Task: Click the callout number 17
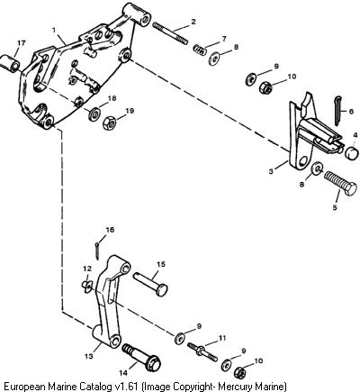coord(22,43)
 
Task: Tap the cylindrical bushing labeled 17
coord(11,62)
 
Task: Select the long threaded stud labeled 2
coord(170,33)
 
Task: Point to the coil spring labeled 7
coord(200,50)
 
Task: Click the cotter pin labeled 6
coord(337,111)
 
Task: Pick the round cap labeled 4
coord(351,152)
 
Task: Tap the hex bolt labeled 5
coord(340,183)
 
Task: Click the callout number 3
coord(271,171)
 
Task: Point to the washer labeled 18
coord(94,113)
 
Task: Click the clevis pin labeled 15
coord(150,284)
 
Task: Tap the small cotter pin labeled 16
coord(97,251)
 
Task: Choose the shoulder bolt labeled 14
coord(141,357)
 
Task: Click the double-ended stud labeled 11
coord(202,352)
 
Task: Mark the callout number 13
coord(88,356)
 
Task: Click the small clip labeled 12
coord(87,286)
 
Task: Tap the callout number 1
coord(54,31)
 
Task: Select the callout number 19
coord(130,111)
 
